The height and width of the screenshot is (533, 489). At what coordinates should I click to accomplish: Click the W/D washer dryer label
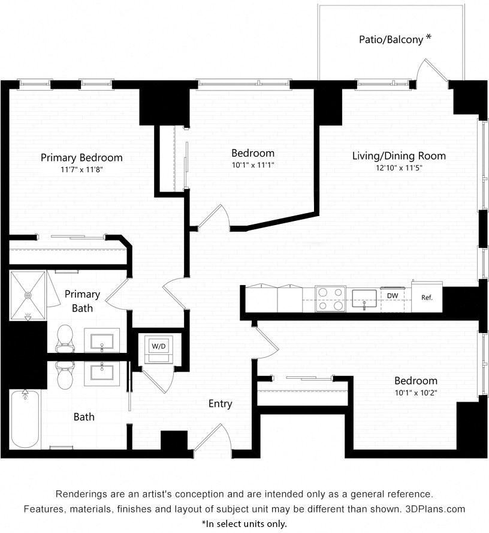158,346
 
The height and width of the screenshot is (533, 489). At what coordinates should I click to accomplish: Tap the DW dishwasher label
393,296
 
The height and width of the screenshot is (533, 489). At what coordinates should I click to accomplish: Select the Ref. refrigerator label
427,297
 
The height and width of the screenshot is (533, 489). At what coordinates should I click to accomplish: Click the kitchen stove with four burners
330,298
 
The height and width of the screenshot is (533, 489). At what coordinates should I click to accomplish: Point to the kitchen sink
364,298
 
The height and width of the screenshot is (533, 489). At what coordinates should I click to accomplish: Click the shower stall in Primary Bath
28,296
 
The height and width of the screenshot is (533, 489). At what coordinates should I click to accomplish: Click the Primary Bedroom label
81,158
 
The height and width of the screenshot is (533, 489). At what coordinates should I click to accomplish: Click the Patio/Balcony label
391,40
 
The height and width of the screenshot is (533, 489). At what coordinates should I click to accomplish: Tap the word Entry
220,404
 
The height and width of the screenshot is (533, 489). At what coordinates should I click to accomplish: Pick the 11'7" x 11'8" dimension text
81,170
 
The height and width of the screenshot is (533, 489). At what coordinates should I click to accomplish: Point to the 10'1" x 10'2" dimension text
415,393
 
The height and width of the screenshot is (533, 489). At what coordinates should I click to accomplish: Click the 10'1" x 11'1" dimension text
253,164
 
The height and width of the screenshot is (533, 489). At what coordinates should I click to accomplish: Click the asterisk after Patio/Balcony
428,38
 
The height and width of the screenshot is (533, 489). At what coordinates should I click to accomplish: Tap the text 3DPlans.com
434,509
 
